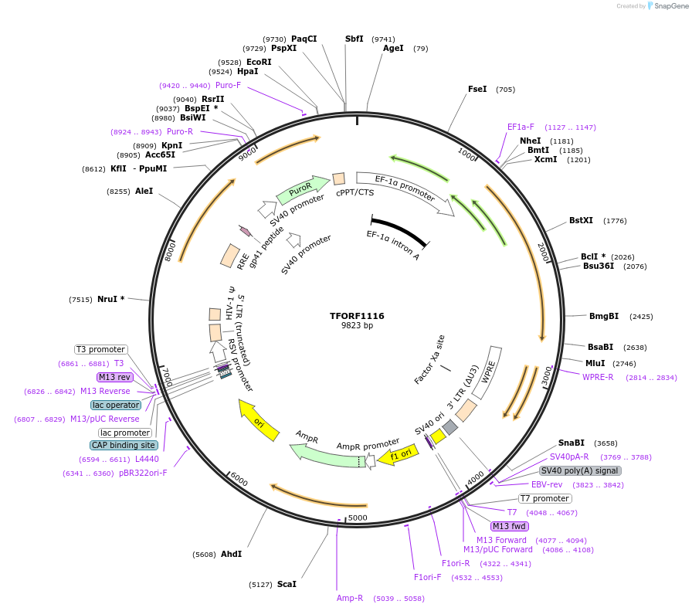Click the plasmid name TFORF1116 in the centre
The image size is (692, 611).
click(357, 316)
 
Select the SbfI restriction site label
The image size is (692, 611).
click(354, 39)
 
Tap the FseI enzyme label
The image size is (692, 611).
click(477, 89)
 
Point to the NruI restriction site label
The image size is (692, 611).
click(111, 299)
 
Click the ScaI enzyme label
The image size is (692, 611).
click(287, 584)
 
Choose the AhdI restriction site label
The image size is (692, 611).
click(231, 554)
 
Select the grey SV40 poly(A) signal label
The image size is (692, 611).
click(580, 470)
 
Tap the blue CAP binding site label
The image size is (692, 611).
click(124, 445)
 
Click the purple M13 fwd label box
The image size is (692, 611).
click(509, 526)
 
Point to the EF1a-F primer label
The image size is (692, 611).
click(521, 127)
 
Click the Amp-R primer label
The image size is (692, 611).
click(350, 598)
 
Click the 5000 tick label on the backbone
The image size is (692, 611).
click(358, 517)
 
